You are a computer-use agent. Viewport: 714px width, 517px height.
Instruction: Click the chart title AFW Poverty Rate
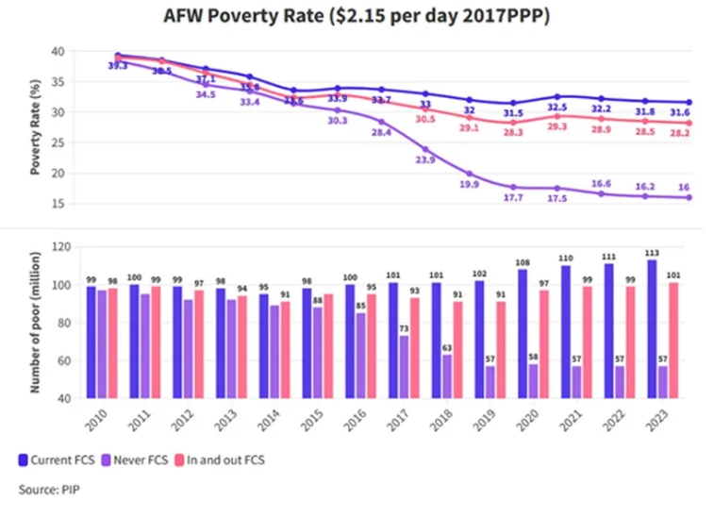[x=357, y=16]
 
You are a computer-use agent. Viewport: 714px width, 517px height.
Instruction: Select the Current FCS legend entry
[x=58, y=459]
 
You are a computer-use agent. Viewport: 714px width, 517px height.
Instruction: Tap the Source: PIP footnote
[x=50, y=490]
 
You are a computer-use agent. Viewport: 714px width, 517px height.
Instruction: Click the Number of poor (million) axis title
[x=35, y=322]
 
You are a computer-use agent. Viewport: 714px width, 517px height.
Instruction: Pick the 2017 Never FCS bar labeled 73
[x=405, y=366]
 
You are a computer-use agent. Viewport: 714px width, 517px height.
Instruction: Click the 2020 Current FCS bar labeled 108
[x=521, y=333]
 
